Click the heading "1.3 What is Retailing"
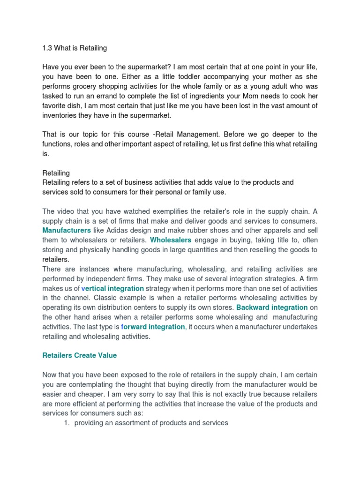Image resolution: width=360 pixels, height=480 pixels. [75, 48]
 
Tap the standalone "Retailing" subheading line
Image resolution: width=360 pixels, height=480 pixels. [56, 173]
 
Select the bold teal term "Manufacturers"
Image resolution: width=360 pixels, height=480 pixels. [67, 230]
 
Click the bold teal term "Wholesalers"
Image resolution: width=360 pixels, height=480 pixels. [171, 240]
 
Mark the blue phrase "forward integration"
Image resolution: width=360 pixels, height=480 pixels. [153, 327]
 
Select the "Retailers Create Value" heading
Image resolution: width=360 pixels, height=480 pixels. [79, 355]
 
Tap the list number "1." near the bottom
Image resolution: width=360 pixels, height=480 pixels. [66, 423]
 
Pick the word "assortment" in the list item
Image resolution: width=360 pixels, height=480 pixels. [126, 423]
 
